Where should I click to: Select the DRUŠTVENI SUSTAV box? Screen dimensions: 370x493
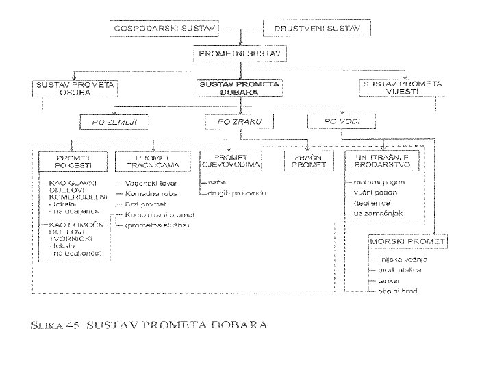click(x=316, y=29)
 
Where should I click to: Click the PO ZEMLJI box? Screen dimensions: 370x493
click(x=114, y=122)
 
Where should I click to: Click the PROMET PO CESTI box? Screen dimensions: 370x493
click(x=73, y=162)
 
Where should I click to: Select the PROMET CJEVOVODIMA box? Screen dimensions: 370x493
click(x=228, y=162)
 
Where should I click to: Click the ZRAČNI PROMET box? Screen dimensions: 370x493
click(x=308, y=162)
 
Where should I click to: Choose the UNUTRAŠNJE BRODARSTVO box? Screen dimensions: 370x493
click(x=379, y=162)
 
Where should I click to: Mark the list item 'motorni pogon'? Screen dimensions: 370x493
click(x=379, y=183)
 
